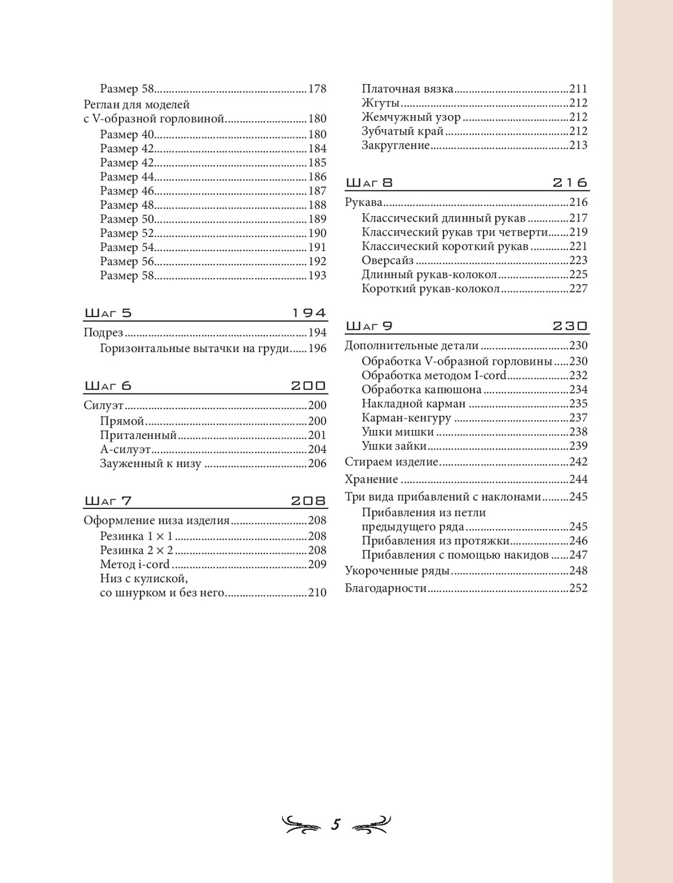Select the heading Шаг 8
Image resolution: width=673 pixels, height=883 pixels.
[x=369, y=183]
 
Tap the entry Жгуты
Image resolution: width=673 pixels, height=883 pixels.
[x=380, y=103]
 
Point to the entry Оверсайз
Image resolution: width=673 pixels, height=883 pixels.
[x=387, y=260]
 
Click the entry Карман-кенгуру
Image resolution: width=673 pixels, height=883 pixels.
[x=406, y=418]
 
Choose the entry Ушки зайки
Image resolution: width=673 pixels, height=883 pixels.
[x=394, y=446]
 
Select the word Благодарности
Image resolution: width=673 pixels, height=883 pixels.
[x=386, y=588]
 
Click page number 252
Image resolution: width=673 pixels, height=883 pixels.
[x=578, y=588]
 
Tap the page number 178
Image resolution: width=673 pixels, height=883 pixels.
[x=317, y=89]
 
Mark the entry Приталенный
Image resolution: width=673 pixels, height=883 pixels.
[x=138, y=435]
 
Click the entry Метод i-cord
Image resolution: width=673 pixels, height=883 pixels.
[x=135, y=565]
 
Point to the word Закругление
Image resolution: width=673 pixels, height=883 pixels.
[x=395, y=145]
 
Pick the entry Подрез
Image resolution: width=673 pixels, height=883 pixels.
[x=104, y=332]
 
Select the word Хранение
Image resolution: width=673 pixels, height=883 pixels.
[x=371, y=480]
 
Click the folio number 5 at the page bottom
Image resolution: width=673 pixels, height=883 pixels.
[x=336, y=824]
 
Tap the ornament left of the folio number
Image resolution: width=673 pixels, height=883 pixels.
[x=301, y=824]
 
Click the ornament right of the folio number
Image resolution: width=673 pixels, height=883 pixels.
[x=371, y=824]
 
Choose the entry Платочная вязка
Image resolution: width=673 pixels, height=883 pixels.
[x=407, y=89]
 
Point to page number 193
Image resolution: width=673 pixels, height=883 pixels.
[x=317, y=276]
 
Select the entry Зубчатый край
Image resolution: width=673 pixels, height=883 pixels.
[x=402, y=131]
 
